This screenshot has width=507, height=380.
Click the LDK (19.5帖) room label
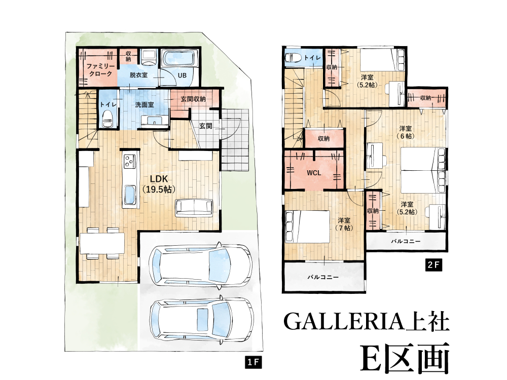click(159, 184)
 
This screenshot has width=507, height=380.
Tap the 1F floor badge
click(253, 363)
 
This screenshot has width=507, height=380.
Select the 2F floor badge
click(433, 265)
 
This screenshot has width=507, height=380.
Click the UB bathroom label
click(182, 75)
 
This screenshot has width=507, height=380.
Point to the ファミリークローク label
click(100, 70)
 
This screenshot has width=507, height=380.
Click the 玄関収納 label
click(193, 99)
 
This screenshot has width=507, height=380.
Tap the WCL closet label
click(314, 173)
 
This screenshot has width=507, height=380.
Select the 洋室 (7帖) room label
click(344, 224)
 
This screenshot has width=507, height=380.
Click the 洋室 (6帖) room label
click(406, 132)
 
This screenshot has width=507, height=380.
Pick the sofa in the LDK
click(194, 207)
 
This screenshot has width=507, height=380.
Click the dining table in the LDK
click(102, 243)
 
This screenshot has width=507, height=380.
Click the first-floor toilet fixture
click(107, 119)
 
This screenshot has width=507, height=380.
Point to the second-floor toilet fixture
click(293, 58)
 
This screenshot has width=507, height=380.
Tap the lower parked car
click(201, 320)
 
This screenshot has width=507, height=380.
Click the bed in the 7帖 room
click(308, 226)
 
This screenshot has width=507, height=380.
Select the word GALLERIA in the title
click(344, 322)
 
